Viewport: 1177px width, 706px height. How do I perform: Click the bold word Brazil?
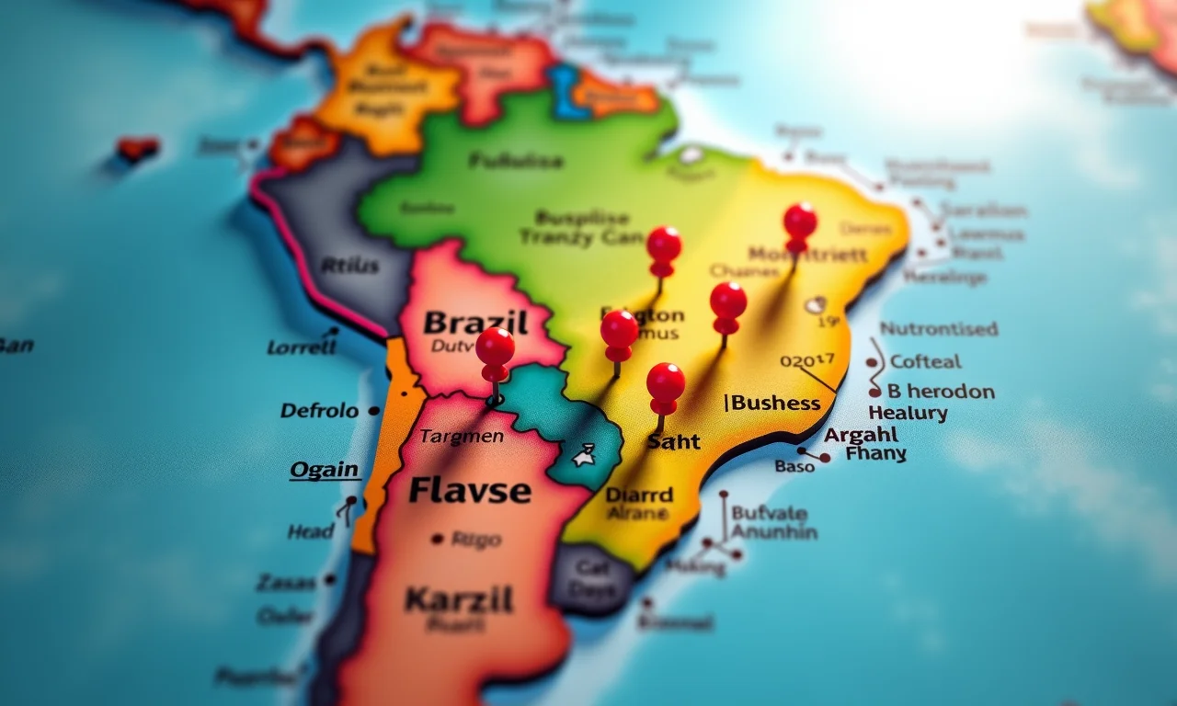(475, 323)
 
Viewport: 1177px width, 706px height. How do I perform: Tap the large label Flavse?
(469, 490)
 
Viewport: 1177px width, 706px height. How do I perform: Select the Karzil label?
(459, 600)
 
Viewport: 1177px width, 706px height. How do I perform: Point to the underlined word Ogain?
(324, 470)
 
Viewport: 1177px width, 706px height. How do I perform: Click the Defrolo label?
(319, 411)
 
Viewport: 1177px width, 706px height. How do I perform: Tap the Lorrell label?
(302, 347)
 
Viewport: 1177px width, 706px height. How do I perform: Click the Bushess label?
(773, 403)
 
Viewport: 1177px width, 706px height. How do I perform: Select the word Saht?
(673, 442)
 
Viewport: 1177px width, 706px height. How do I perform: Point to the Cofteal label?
(925, 361)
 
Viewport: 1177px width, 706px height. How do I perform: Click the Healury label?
(908, 413)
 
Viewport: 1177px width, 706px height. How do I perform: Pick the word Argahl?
(862, 435)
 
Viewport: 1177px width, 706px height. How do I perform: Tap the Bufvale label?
(769, 512)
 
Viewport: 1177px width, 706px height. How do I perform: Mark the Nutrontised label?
(938, 328)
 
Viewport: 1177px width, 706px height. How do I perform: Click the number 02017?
(806, 360)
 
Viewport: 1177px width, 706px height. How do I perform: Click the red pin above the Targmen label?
(495, 349)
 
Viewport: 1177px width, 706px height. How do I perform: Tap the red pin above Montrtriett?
(800, 223)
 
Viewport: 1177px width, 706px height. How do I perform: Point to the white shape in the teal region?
(582, 454)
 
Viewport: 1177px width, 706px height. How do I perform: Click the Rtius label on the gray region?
(349, 267)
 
